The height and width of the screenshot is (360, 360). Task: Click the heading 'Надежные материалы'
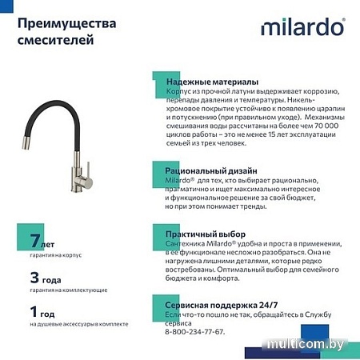click(x=212, y=82)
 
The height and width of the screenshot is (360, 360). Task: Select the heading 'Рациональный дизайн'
click(x=211, y=171)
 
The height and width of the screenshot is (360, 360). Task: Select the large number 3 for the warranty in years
click(x=34, y=278)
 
